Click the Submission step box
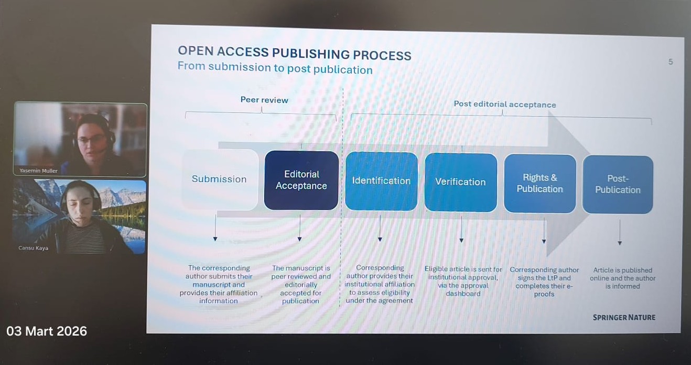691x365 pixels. click(x=220, y=179)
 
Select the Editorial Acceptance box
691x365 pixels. click(x=301, y=180)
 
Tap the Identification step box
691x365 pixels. click(x=381, y=181)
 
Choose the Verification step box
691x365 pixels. click(x=460, y=182)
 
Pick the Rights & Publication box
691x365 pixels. click(x=539, y=183)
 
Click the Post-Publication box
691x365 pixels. click(x=618, y=184)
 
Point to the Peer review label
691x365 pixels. click(x=264, y=100)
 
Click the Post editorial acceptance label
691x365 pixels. click(x=505, y=105)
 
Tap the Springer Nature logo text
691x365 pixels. click(x=624, y=317)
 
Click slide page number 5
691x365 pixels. click(x=671, y=62)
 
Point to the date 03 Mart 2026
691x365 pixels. click(x=47, y=331)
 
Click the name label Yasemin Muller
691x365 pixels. click(x=39, y=171)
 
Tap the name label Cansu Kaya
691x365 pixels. click(x=33, y=248)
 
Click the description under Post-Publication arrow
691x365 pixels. click(x=622, y=278)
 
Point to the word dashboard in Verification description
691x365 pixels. click(x=463, y=294)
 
